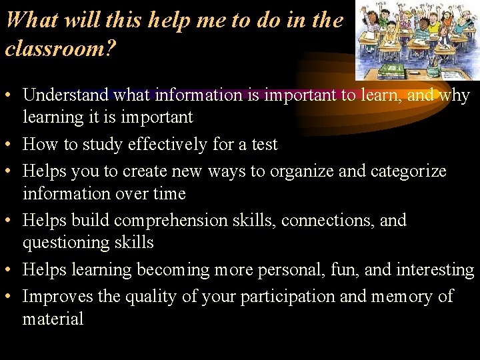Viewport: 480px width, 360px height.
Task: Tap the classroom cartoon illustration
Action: tap(417, 40)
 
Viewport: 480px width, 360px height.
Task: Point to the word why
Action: tap(455, 95)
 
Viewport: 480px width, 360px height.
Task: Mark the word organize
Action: tap(301, 171)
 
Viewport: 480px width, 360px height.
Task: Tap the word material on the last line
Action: tap(53, 319)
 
